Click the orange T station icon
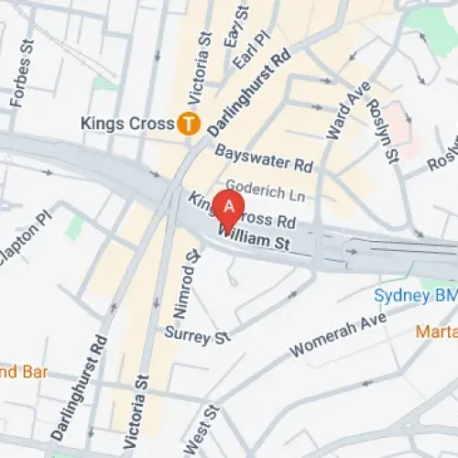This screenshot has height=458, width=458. click(190, 122)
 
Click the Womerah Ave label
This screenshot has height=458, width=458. click(338, 336)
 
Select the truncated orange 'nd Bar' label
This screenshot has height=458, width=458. click(23, 373)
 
